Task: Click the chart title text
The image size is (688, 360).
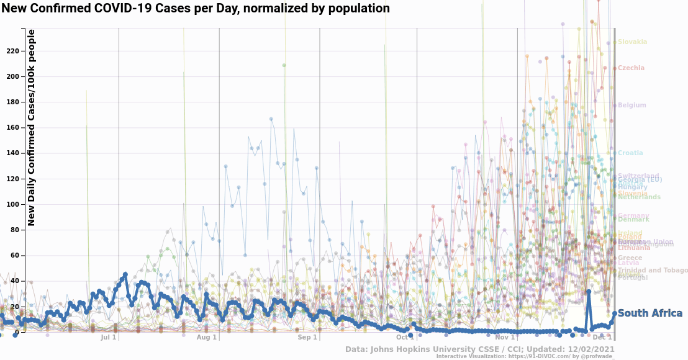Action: [196, 9]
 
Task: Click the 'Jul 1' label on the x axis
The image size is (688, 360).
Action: [109, 338]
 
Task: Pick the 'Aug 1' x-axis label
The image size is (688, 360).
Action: [207, 338]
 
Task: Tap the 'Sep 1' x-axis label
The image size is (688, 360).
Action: [307, 338]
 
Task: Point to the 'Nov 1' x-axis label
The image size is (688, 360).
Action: [505, 338]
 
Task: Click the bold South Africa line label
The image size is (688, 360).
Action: [650, 313]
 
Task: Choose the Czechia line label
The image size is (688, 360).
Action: [631, 68]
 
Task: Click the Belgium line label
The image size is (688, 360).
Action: [632, 106]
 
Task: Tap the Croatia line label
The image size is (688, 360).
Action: [630, 153]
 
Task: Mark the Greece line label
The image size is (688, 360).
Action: [630, 258]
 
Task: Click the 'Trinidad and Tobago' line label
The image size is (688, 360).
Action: [653, 271]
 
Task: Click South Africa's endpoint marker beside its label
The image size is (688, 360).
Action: [615, 313]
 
